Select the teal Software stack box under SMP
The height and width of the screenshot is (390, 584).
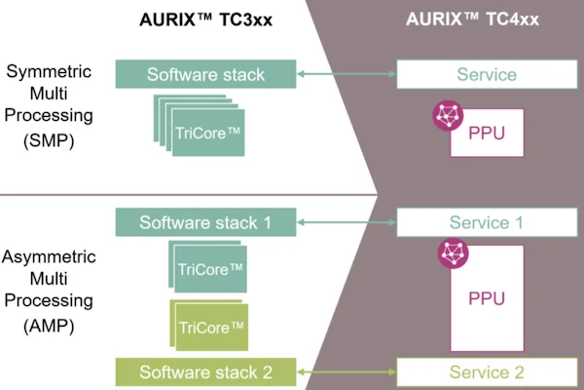tap(204, 74)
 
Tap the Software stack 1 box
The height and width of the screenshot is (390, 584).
tap(204, 222)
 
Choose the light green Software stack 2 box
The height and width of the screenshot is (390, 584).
tap(204, 371)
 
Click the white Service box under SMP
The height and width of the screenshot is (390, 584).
tap(487, 74)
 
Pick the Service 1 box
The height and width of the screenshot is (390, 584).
tap(487, 222)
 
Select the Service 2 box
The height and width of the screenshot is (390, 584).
tap(487, 371)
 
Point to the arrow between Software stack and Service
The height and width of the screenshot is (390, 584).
tap(346, 74)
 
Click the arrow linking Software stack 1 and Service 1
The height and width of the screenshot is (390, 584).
tap(346, 222)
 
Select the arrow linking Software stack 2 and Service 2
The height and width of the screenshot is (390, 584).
tap(346, 371)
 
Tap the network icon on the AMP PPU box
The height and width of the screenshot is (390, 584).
tap(452, 253)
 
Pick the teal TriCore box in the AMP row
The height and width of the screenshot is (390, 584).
tap(210, 266)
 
